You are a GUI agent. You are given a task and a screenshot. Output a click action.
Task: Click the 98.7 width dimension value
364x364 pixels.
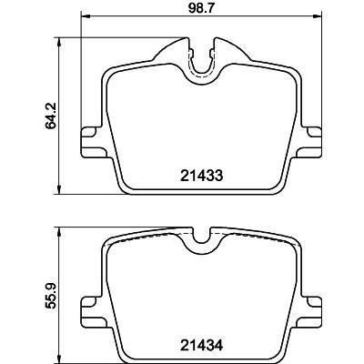tap(201, 8)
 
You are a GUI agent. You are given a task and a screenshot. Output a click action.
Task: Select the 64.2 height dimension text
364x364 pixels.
tap(50, 116)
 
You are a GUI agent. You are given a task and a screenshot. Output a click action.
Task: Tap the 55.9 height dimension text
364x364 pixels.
tap(50, 296)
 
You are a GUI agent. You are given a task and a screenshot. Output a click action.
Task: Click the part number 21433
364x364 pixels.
tap(201, 176)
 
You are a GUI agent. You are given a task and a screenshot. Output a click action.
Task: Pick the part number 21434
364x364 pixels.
tap(201, 346)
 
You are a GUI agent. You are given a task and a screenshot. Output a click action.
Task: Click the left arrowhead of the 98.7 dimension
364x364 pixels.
tap(86, 15)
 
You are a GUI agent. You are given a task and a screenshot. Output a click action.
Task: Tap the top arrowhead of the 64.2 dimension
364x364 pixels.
tap(60, 42)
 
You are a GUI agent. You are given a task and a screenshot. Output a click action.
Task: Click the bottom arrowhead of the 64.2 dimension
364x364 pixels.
tap(60, 189)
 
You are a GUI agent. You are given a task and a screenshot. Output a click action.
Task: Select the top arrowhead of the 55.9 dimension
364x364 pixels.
tap(60, 232)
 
